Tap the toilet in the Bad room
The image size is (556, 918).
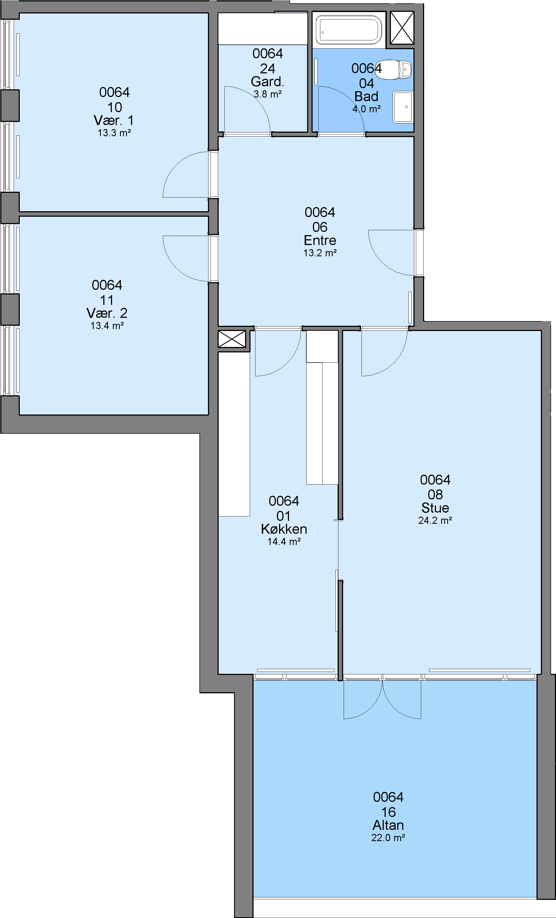[x=393, y=69]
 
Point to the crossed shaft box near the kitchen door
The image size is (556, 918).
[x=232, y=339]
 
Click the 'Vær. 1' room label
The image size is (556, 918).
[x=114, y=120]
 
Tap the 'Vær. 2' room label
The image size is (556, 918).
[x=107, y=313]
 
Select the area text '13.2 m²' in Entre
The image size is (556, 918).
[x=320, y=253]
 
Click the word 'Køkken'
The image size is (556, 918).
[x=284, y=529]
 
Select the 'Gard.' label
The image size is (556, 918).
[x=268, y=81]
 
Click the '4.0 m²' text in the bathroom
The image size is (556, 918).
[x=367, y=109]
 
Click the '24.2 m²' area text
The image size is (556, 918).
[x=435, y=521]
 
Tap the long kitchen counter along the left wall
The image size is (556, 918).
[x=234, y=434]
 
